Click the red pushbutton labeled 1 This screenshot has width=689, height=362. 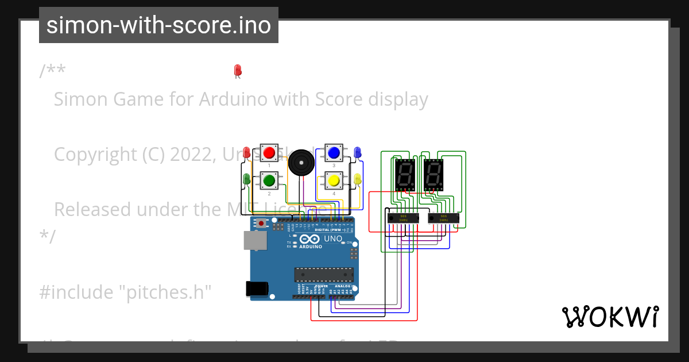269,153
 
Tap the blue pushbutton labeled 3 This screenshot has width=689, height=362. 334,153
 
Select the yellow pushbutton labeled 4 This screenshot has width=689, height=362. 334,181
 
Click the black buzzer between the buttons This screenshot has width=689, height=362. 301,163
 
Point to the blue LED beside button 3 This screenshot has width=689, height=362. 357,152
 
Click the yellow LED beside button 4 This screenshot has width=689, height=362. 357,180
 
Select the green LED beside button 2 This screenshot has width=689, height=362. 246,179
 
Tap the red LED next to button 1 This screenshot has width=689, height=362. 246,153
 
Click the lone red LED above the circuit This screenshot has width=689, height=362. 237,70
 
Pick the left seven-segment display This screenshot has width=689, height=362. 405,175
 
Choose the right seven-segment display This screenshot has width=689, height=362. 433,175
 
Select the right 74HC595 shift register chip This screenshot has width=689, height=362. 443,218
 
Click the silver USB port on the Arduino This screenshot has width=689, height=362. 255,241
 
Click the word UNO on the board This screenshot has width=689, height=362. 333,238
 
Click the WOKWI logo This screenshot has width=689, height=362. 610,317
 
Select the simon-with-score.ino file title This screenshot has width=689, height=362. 158,25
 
